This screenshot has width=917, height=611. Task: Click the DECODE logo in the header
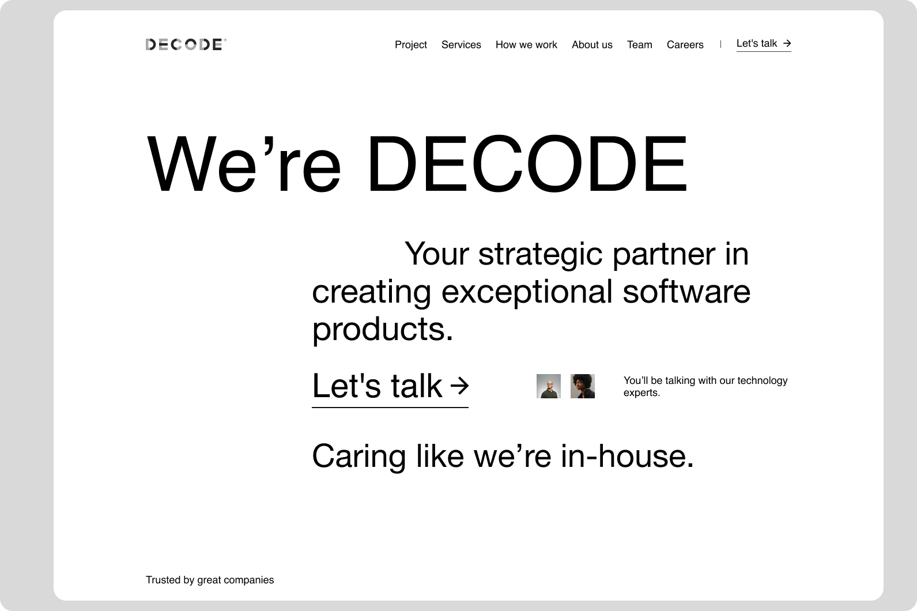[x=186, y=44]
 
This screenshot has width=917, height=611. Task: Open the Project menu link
[x=410, y=44]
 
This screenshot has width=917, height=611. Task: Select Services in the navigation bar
[x=461, y=44]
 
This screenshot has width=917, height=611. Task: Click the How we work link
[x=526, y=44]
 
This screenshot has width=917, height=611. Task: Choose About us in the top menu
[x=592, y=44]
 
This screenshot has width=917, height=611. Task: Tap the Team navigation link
[x=639, y=44]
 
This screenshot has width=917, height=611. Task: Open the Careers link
[x=685, y=44]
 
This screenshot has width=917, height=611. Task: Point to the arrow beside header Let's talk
[x=787, y=43]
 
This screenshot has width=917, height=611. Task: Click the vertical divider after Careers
[x=720, y=44]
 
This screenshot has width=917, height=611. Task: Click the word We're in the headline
[x=244, y=163]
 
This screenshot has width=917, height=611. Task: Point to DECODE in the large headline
[x=527, y=163]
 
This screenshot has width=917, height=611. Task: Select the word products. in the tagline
[x=383, y=330]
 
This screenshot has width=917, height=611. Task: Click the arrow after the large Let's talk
[x=459, y=386]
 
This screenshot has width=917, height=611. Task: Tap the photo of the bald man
[x=549, y=386]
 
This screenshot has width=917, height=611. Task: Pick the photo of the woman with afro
[x=583, y=386]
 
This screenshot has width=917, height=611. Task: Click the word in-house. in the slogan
[x=627, y=456]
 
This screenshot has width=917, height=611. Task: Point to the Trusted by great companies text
[x=210, y=580]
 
